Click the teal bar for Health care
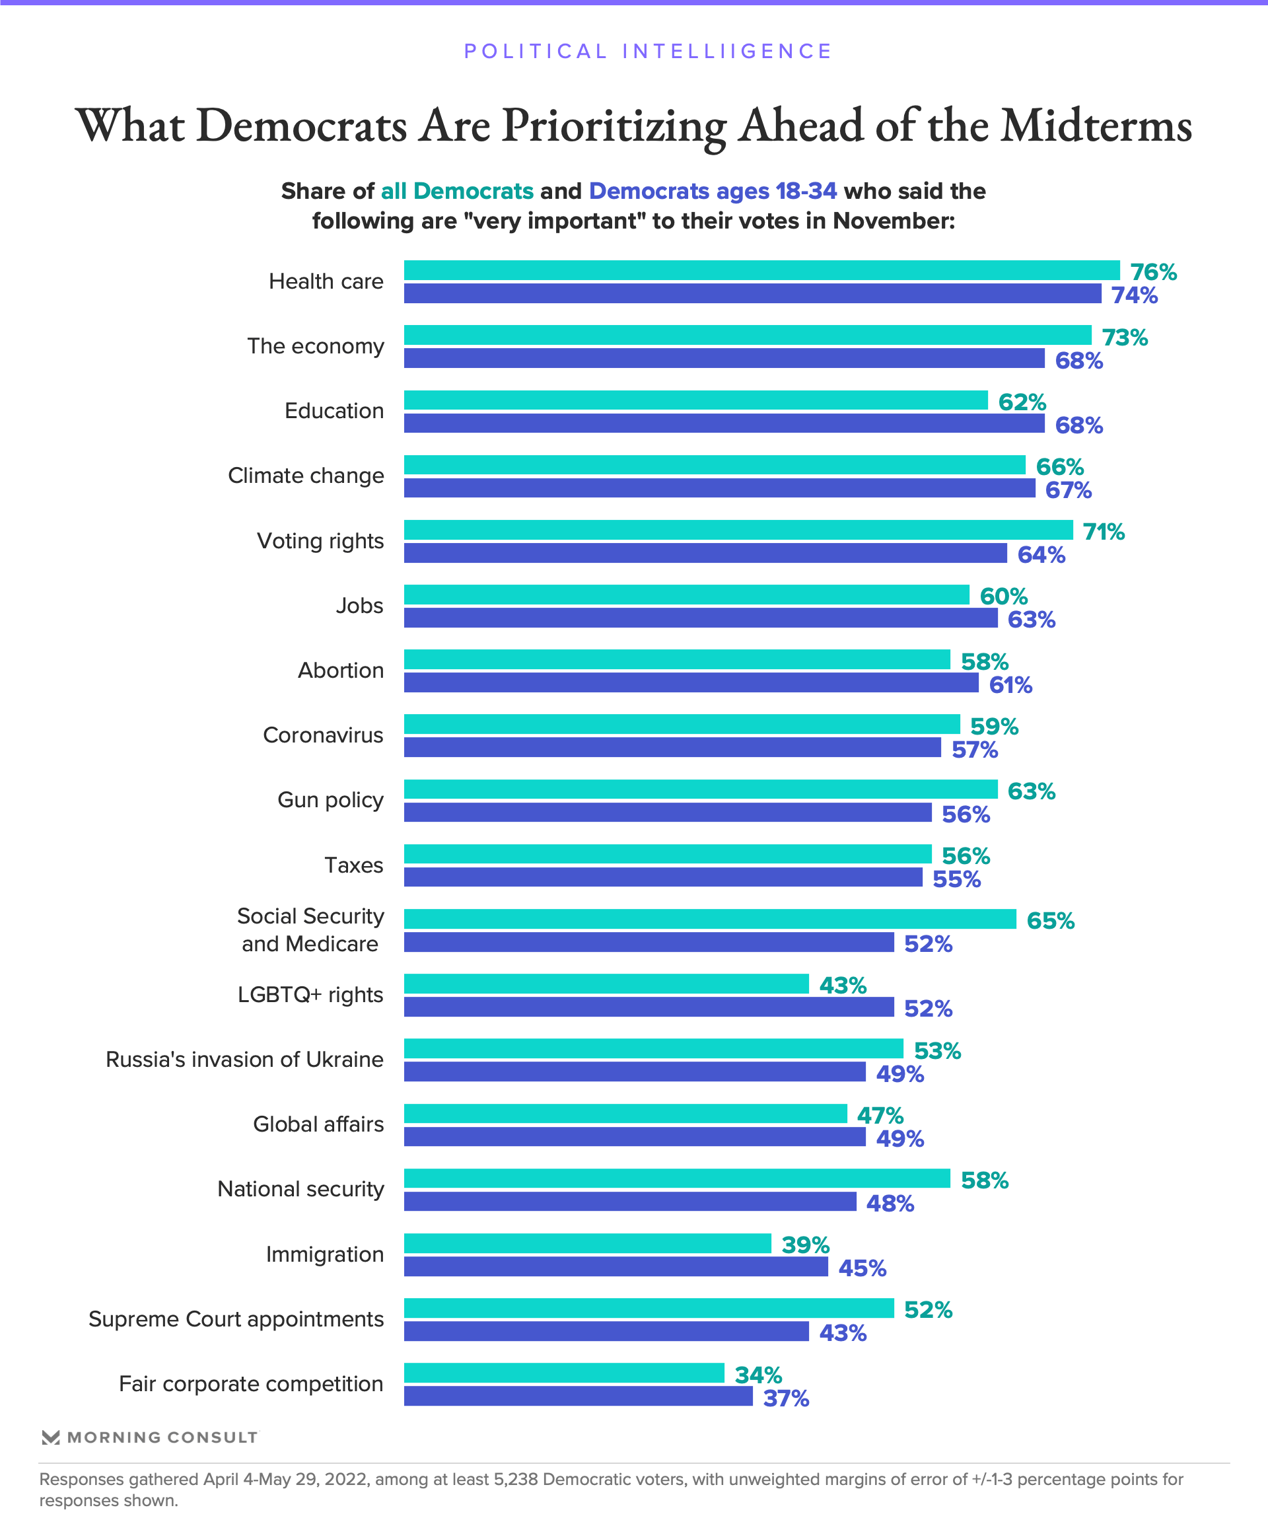point(761,270)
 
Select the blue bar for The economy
point(724,358)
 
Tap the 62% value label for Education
point(1022,402)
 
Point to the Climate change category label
point(306,476)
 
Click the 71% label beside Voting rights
point(1103,532)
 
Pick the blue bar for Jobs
point(700,618)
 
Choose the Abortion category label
point(341,670)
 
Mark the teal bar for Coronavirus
point(681,724)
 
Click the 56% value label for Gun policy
point(965,815)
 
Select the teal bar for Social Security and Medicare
point(709,919)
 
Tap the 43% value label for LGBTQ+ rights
point(842,986)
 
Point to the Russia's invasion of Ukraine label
point(244,1060)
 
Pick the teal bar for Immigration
point(587,1244)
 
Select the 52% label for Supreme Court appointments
point(927,1310)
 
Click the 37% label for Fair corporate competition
point(785,1398)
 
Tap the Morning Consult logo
point(149,1437)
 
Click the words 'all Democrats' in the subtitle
point(457,192)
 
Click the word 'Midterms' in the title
point(1096,126)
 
